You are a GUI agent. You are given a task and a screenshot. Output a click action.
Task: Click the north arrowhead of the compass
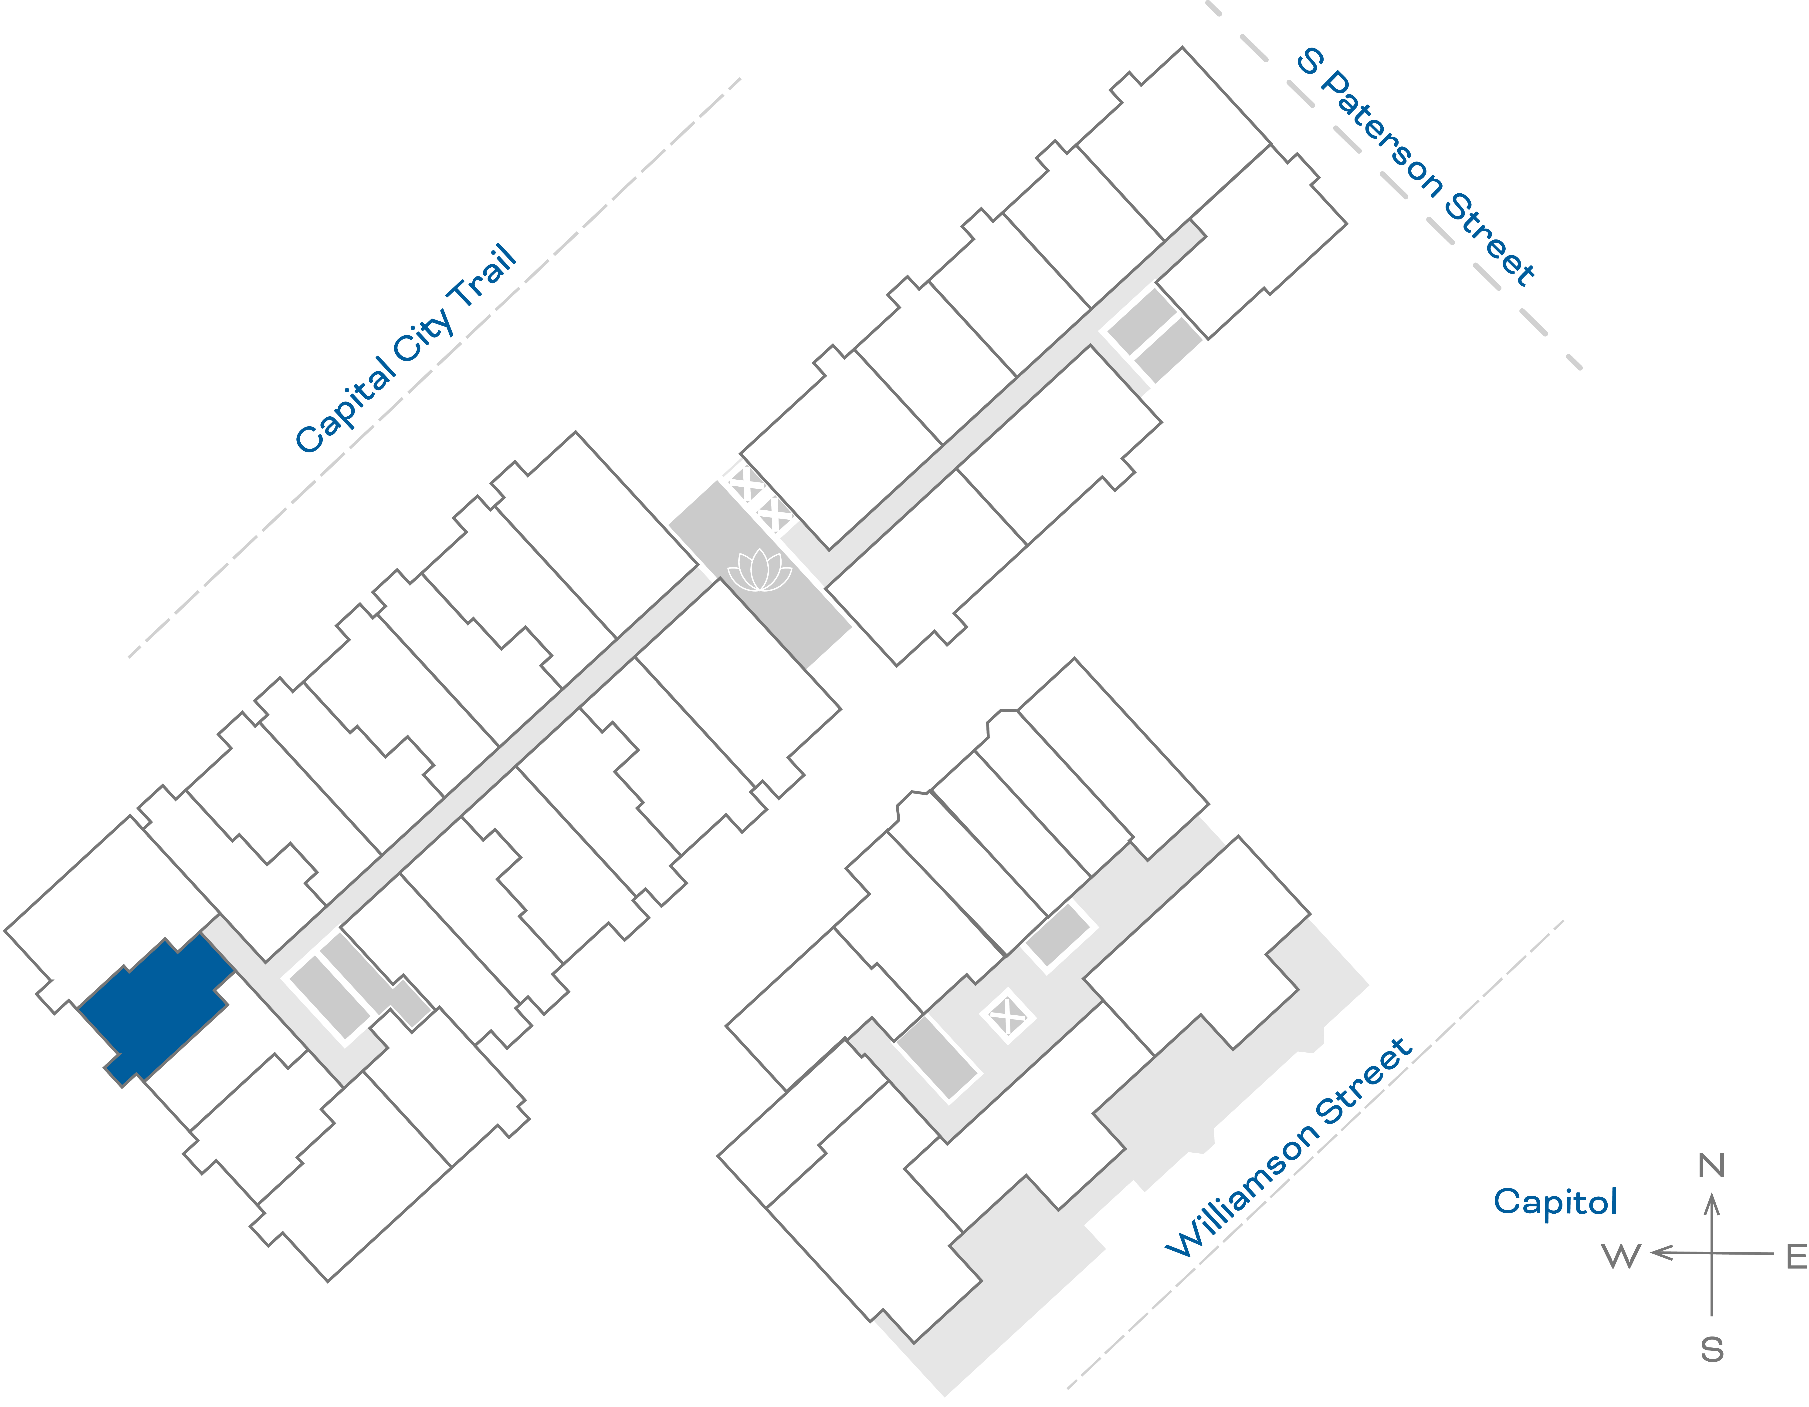tap(1712, 1201)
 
